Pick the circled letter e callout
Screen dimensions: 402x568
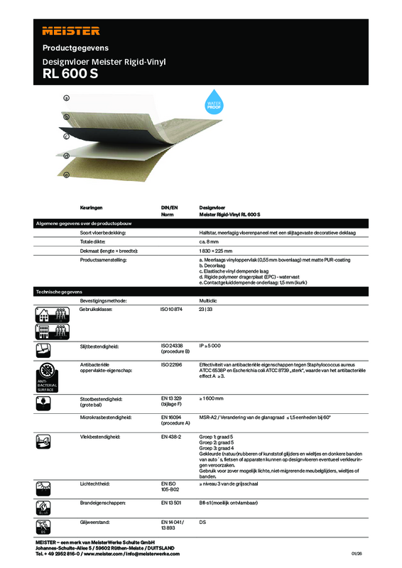coord(66,175)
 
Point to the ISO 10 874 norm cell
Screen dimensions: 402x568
coord(173,310)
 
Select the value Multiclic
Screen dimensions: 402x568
coord(210,301)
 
